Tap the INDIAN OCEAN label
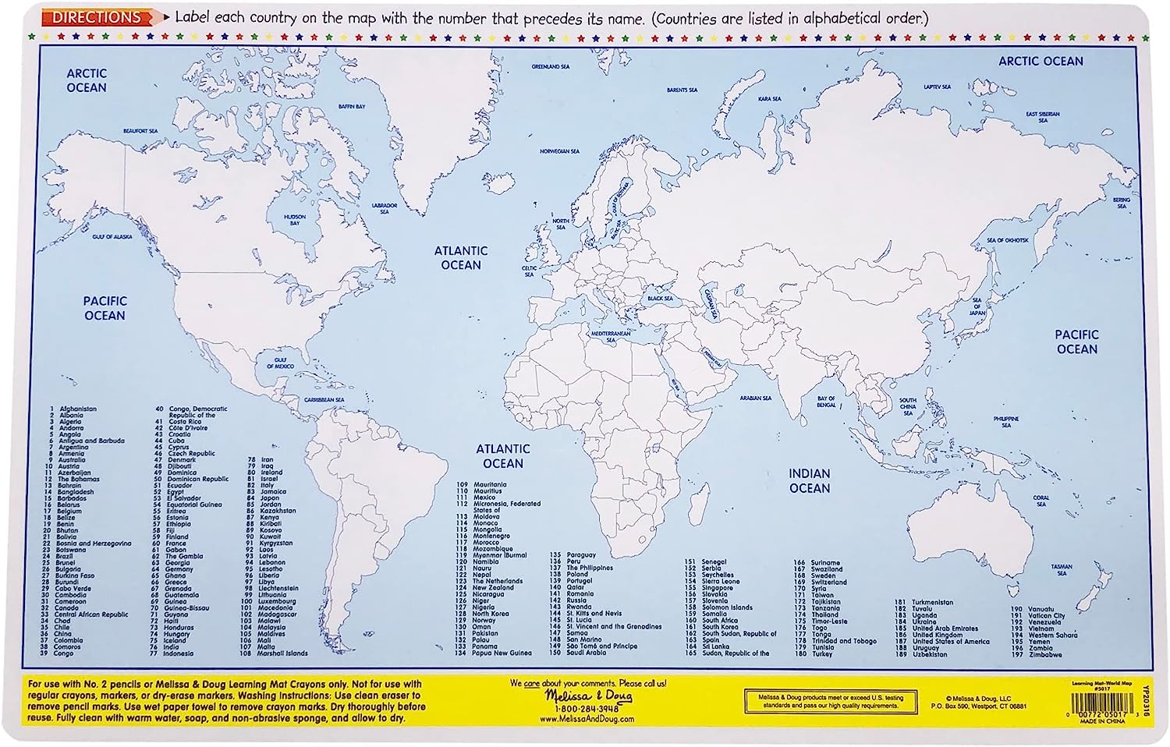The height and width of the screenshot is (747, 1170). coord(809,480)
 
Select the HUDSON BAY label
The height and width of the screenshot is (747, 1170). coord(295,220)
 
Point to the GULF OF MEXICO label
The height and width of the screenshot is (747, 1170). coord(280,363)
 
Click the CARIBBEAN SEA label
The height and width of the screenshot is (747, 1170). coord(324,400)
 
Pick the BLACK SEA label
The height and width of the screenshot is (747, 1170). coord(659,299)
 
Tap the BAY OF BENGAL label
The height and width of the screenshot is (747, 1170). coord(826,402)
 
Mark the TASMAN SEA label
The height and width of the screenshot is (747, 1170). coord(1061,570)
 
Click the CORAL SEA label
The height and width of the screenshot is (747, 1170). coord(1041,501)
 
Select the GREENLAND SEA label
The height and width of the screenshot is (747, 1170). coord(551,67)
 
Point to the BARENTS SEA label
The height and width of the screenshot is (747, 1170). coord(682,90)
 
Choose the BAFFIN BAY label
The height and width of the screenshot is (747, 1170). coord(351,107)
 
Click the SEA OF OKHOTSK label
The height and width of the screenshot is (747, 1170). coord(1008,240)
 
